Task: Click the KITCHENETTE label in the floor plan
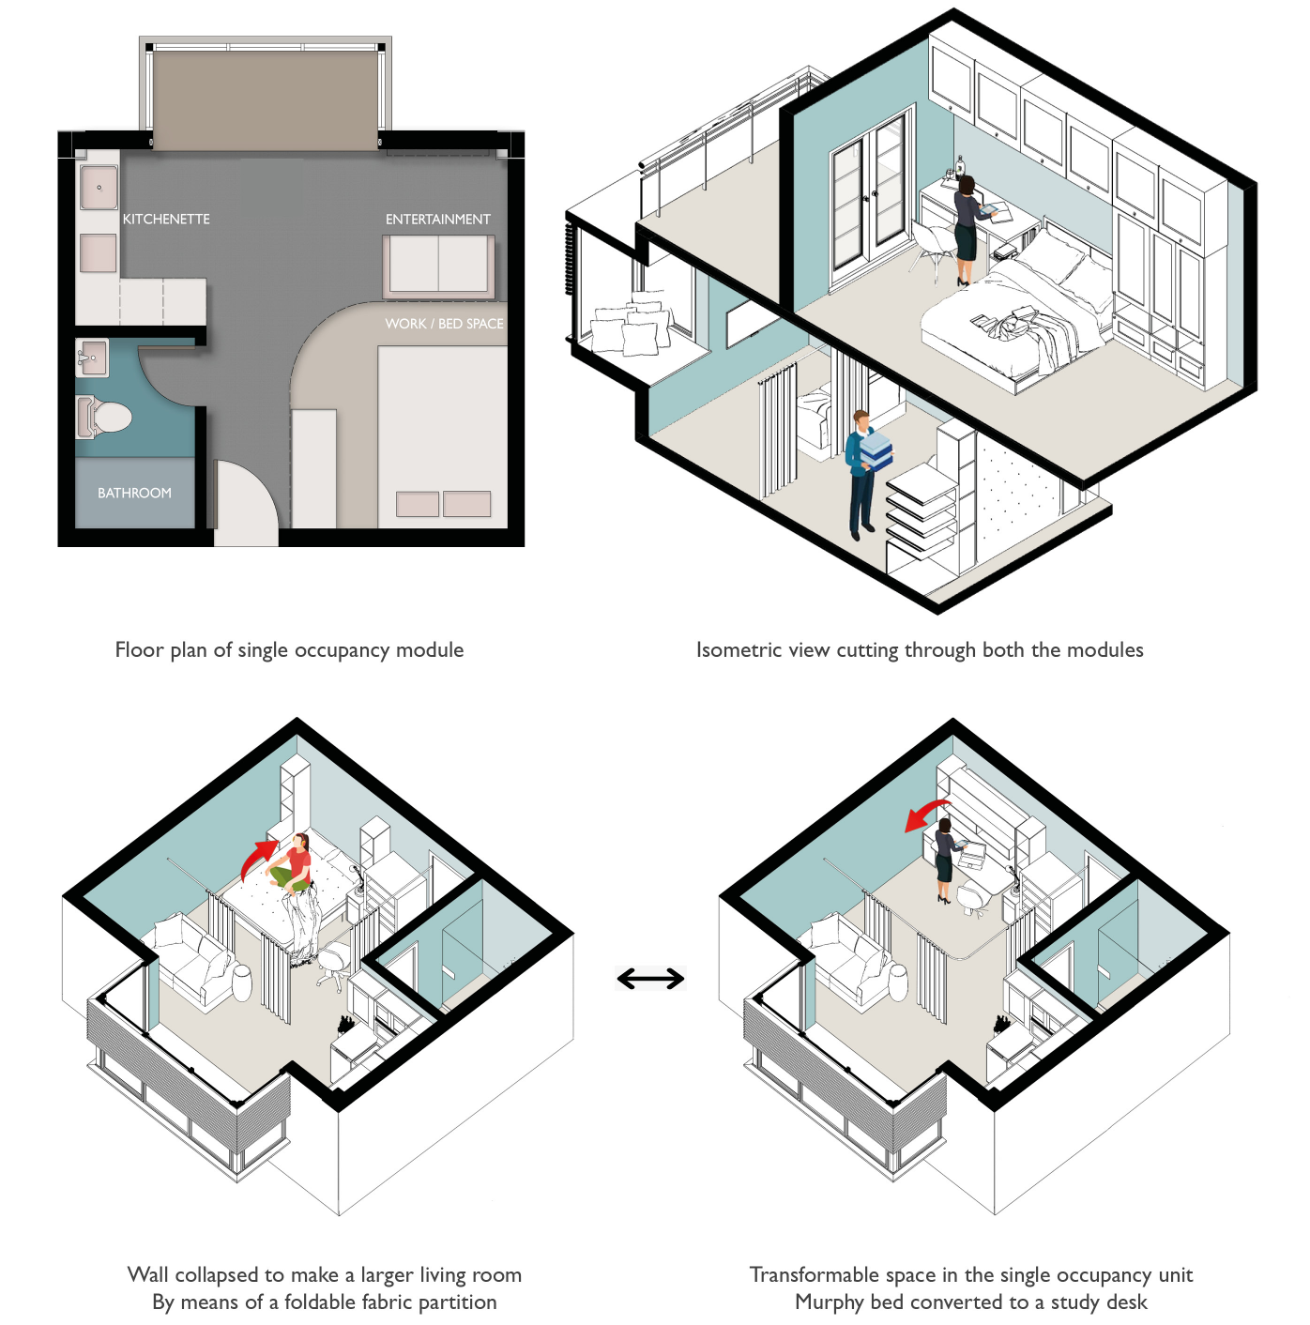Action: [166, 219]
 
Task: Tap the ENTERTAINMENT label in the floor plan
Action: [437, 219]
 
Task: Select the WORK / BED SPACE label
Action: [444, 323]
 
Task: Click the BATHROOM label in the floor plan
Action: [134, 493]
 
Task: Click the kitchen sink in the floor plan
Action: [99, 188]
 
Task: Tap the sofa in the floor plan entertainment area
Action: [438, 266]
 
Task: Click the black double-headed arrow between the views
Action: [650, 979]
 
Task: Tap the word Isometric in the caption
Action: [735, 650]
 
